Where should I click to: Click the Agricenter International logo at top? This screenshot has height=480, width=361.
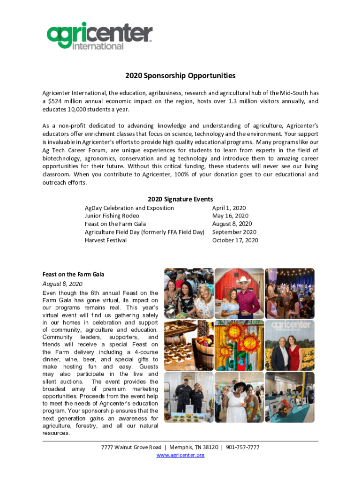click(99, 35)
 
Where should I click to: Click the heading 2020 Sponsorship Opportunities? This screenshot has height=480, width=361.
click(180, 75)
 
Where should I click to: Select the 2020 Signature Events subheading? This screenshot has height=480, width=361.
click(180, 199)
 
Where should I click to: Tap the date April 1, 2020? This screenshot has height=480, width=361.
click(229, 208)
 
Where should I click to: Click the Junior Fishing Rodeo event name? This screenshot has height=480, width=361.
click(112, 216)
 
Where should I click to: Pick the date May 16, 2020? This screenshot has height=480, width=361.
click(230, 216)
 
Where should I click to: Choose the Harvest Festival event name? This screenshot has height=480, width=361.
click(105, 240)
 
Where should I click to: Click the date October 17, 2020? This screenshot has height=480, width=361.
click(235, 240)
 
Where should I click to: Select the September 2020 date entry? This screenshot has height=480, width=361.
click(234, 232)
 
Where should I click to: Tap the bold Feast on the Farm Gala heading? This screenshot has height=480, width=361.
click(73, 274)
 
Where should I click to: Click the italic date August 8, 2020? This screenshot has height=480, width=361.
click(62, 284)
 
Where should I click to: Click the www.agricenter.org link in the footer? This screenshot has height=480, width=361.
click(180, 455)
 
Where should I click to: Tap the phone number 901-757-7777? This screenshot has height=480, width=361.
click(243, 447)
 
